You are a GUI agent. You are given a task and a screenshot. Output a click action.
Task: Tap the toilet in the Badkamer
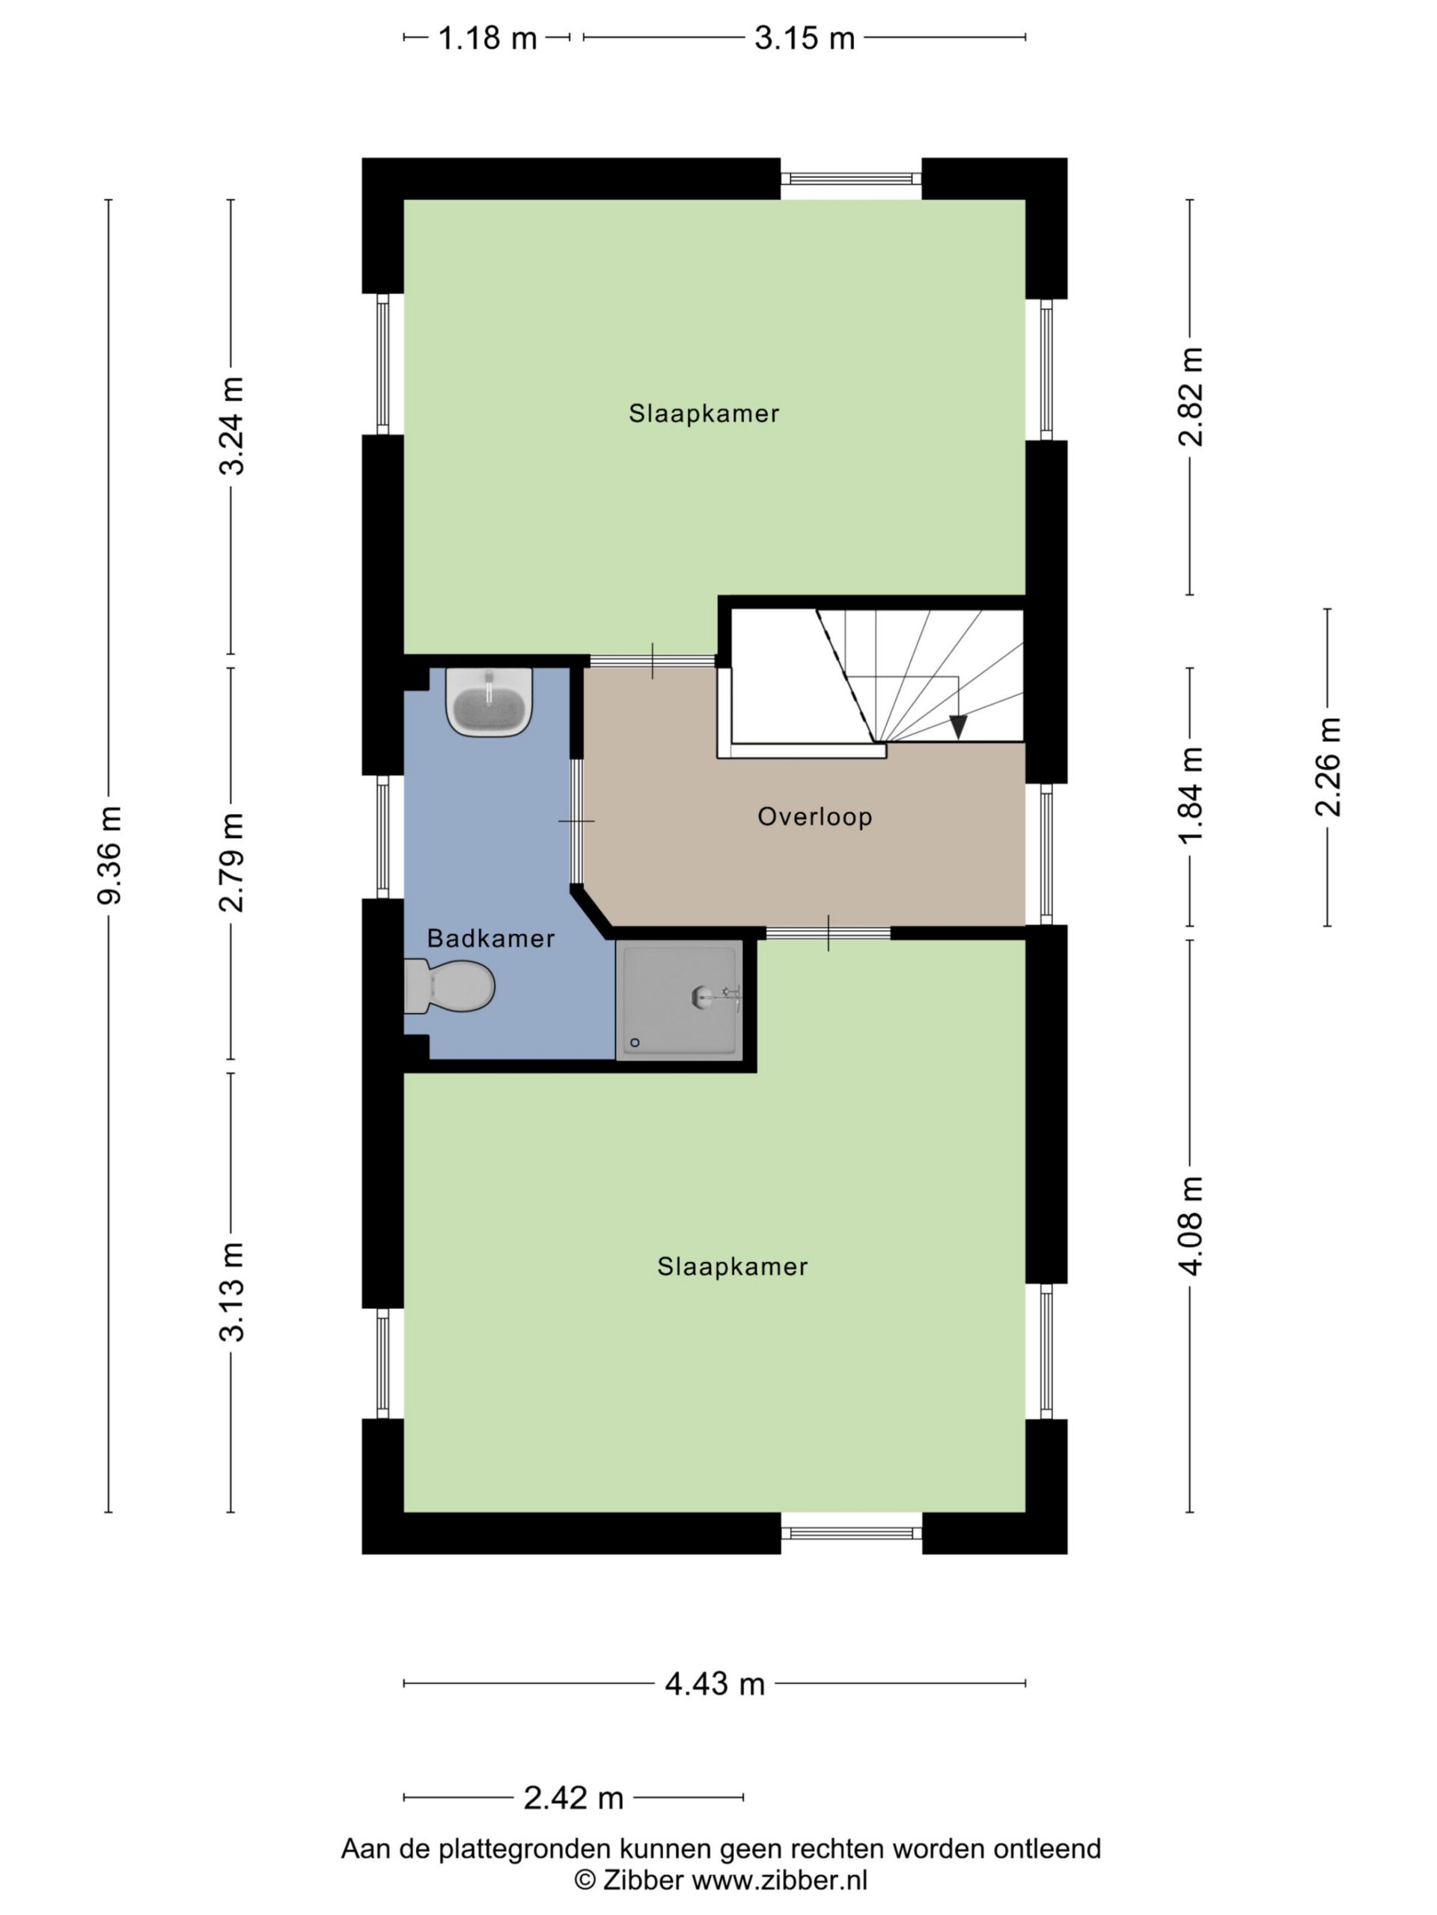coord(448,986)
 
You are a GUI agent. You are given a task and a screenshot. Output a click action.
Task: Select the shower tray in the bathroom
coord(679,1000)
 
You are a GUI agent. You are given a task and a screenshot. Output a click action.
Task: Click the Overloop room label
coord(814,816)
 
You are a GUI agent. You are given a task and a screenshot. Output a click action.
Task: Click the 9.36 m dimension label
coord(110,854)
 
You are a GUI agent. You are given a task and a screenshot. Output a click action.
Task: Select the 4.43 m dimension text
coord(715,1684)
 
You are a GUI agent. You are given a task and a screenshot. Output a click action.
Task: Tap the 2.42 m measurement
coord(573,1798)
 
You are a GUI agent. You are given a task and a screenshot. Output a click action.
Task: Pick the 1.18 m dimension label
coord(488,38)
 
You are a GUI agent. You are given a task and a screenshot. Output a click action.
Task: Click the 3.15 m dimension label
coord(805,38)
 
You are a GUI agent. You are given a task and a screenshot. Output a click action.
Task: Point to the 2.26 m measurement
coord(1327,767)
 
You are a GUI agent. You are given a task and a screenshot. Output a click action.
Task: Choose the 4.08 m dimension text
coord(1191,1226)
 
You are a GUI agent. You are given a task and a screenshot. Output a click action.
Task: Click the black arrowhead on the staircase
coord(957,727)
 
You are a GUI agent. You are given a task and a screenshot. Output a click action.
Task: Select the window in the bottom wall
coord(852,1533)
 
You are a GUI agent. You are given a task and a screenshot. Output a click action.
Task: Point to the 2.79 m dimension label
coord(231,862)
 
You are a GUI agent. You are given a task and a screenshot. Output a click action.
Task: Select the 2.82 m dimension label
coord(1191,396)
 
